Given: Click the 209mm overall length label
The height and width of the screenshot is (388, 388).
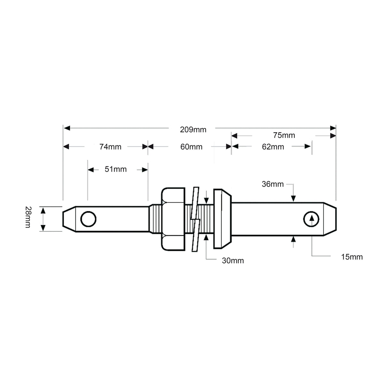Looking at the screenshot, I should [x=193, y=129].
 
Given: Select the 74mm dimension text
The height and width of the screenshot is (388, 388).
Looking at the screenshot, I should [x=110, y=147].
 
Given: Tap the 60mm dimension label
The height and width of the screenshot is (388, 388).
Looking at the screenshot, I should [x=191, y=147].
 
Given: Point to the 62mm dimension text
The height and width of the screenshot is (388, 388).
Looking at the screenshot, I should [x=273, y=147].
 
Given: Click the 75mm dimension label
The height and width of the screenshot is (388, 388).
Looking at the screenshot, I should [x=284, y=135].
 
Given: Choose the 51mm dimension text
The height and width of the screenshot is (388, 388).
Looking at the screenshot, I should [x=115, y=169].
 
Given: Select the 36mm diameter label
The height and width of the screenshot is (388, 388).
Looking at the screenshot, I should [x=272, y=184].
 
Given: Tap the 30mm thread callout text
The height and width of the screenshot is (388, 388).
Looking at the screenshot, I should [x=233, y=261].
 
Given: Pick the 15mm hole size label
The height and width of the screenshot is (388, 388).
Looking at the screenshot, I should [x=352, y=257].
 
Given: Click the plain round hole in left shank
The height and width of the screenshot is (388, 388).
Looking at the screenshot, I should [x=88, y=219].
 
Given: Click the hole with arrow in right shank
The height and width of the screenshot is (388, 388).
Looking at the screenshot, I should [x=311, y=219].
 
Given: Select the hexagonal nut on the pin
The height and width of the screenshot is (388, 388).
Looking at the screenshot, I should [x=173, y=219].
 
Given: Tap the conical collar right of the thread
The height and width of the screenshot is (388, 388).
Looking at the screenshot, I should [x=222, y=219].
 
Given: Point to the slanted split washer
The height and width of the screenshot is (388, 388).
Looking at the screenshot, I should [x=195, y=219].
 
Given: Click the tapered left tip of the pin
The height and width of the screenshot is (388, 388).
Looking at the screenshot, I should [x=69, y=219].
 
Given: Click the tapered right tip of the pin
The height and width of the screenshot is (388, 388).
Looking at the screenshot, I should [x=330, y=219].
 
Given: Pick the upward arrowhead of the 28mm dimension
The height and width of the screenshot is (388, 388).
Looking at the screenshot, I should [x=43, y=210].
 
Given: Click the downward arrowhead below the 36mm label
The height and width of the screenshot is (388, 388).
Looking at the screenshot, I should [x=293, y=198].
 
